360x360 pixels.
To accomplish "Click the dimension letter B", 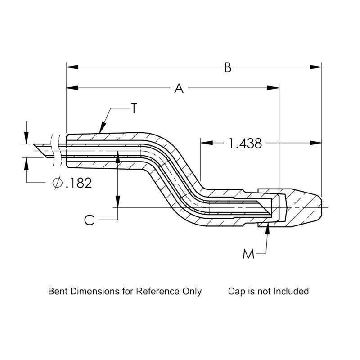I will (228, 67).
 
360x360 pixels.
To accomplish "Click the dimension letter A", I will (179, 89).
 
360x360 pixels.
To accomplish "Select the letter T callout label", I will (134, 109).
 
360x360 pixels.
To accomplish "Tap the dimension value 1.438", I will (245, 144).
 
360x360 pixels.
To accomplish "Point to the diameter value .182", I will (78, 183).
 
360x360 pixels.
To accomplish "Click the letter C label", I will (90, 220).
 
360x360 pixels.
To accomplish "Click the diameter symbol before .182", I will (57, 183).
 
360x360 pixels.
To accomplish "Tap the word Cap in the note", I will (236, 291).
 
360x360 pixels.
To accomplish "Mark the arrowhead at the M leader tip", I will (268, 227).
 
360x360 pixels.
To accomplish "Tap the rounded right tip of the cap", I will (322, 207).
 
